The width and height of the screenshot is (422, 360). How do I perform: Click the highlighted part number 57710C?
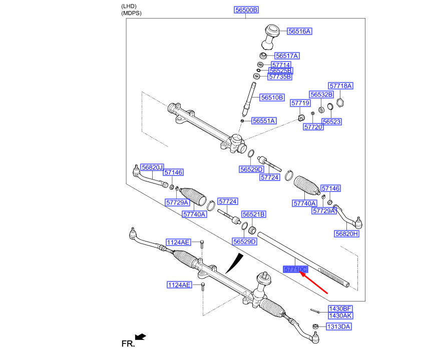(295, 269)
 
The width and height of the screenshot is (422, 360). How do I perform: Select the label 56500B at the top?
(247, 9)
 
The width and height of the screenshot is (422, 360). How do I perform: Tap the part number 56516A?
(299, 31)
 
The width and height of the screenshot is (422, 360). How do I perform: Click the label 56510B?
(272, 97)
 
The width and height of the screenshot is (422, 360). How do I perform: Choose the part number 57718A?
(340, 86)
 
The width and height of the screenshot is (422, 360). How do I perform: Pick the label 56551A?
(264, 121)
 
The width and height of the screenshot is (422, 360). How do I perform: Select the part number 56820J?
(152, 167)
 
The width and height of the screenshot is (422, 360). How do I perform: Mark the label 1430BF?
(340, 308)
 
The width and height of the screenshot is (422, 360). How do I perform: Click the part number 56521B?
(254, 214)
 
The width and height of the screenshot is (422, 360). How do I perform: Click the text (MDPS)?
(132, 13)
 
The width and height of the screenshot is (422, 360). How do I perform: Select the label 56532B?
(321, 94)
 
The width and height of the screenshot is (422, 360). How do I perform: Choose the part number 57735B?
(279, 76)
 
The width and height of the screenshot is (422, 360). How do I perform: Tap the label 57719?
(301, 102)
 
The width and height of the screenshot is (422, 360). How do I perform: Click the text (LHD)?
(129, 5)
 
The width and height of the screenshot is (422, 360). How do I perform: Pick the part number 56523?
(332, 121)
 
